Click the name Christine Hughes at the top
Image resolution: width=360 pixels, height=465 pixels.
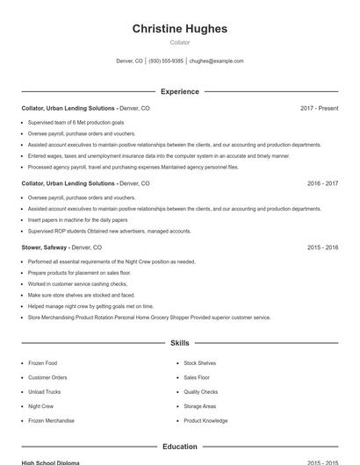[179, 29]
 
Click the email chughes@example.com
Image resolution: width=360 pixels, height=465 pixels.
[216, 61]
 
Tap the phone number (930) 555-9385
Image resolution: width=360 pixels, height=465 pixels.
[166, 61]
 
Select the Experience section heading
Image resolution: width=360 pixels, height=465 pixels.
[179, 91]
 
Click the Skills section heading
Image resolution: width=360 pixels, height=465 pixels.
[179, 343]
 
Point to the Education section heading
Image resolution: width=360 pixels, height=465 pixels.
[179, 447]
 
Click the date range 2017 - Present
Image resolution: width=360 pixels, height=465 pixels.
[319, 108]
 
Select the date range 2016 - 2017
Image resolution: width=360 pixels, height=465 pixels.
[322, 184]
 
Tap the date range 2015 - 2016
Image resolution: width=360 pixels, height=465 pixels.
[322, 248]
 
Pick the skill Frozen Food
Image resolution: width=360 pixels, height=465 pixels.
[42, 363]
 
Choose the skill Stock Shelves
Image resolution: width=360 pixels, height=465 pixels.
[199, 363]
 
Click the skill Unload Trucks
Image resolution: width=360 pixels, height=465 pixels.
[44, 392]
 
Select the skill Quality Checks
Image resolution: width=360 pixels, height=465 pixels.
[200, 392]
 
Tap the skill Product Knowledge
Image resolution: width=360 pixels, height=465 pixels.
[205, 421]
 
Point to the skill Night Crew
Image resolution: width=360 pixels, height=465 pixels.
[40, 407]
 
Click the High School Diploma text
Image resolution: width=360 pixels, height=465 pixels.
[50, 462]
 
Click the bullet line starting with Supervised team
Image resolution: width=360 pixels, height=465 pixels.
[76, 123]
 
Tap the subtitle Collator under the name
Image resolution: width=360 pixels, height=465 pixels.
[179, 42]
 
